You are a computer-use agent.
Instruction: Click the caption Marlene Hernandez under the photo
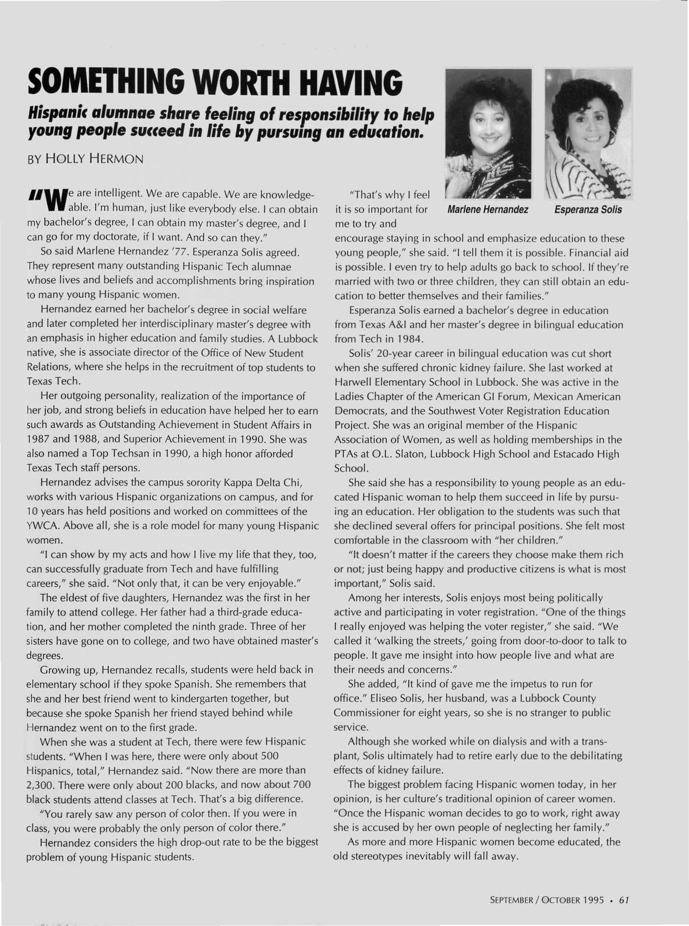click(488, 210)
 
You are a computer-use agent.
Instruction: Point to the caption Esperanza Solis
click(588, 210)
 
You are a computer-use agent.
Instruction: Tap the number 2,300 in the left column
click(40, 785)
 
